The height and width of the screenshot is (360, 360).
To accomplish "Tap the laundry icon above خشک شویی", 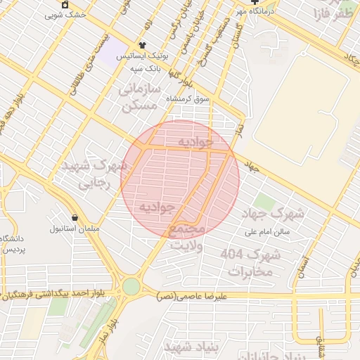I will coord(65,4).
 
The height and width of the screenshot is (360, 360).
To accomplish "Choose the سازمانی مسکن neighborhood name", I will coord(140,98).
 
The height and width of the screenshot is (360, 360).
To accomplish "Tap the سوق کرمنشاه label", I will coord(188,100).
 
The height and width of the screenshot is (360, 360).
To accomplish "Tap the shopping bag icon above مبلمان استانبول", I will coord(75,217).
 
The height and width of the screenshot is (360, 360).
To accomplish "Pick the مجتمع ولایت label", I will coord(186,238).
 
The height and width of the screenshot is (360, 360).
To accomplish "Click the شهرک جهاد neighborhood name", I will coord(279,212).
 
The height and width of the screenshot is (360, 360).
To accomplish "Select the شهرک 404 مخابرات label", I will coord(250,262).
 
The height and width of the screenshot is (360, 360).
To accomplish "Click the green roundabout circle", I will coord(131,286).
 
